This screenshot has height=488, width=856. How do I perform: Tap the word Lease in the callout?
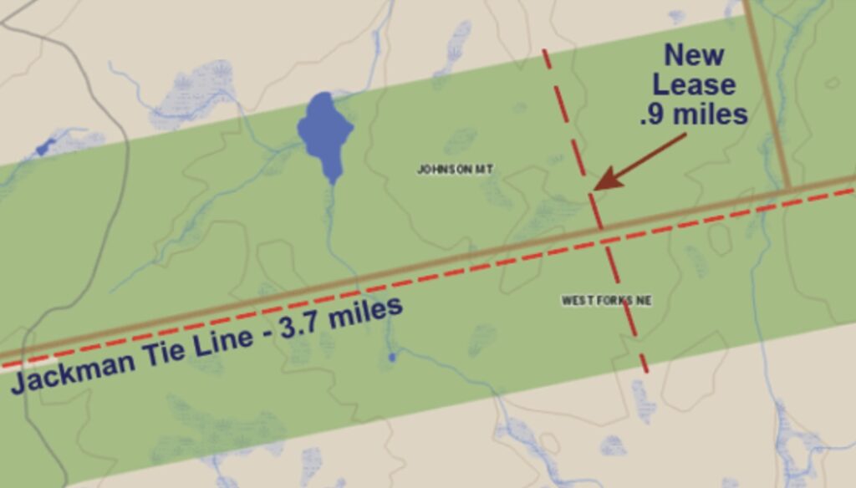coord(694,84)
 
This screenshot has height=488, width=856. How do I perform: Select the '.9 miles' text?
coord(693,113)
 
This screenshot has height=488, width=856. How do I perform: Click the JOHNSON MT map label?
coord(456,170)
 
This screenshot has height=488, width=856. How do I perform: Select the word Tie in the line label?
coord(159,350)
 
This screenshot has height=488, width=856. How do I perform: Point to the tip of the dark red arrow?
coord(594,189)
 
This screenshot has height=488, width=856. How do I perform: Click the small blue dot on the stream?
coord(391,358)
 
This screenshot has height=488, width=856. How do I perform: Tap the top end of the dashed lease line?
coord(544,50)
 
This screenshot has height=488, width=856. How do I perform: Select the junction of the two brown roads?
coord(788,188)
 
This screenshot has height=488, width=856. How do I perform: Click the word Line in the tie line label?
coord(216,338)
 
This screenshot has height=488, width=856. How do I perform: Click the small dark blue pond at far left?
coord(44,148)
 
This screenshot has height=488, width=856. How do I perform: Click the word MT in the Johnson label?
coord(484,170)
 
